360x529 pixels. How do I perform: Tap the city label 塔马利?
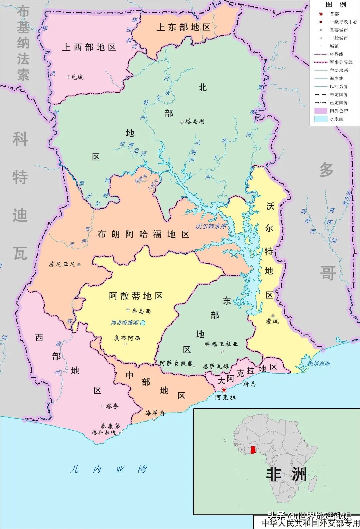[195, 122]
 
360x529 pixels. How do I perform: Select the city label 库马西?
[141, 311]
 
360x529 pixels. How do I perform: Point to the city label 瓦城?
[77, 77]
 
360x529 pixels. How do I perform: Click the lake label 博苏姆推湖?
[124, 323]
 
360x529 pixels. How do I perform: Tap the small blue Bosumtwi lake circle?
[143, 323]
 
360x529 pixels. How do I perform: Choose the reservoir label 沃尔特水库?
[211, 226]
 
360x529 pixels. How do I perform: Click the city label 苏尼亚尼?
[62, 264]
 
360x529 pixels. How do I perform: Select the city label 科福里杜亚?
[221, 344]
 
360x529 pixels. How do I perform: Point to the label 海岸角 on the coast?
[155, 413]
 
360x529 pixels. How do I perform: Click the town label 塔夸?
[112, 406]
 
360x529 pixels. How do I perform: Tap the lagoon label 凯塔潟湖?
[319, 364]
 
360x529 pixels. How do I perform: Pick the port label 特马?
[249, 384]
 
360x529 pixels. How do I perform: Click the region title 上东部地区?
[183, 27]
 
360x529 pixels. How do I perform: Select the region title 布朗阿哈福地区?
[143, 234]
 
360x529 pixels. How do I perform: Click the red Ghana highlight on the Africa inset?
[254, 451]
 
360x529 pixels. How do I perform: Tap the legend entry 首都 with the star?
[334, 14]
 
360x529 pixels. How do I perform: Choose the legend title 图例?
[336, 5]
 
